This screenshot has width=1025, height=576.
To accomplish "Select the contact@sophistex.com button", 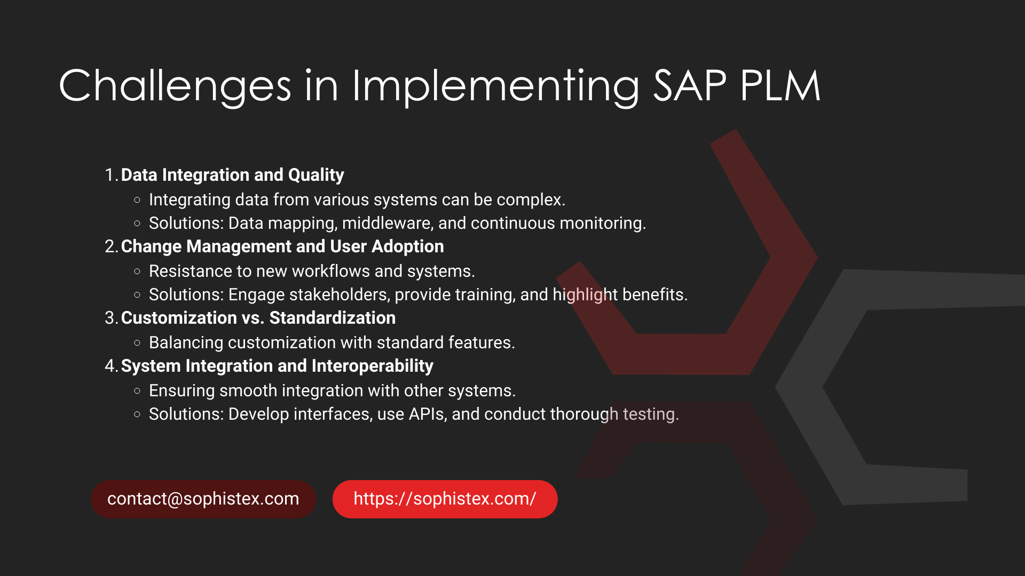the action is (x=203, y=499).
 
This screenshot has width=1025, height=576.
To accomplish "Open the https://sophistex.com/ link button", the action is (x=445, y=499).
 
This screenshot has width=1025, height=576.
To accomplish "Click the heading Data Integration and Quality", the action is (x=232, y=175).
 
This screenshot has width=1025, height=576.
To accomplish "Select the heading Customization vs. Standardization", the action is (x=258, y=318).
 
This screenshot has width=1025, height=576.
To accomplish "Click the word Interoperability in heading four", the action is (x=373, y=366).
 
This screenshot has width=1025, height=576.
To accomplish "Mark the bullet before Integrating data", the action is (x=137, y=200).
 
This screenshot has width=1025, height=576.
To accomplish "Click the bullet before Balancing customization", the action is (x=137, y=343).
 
